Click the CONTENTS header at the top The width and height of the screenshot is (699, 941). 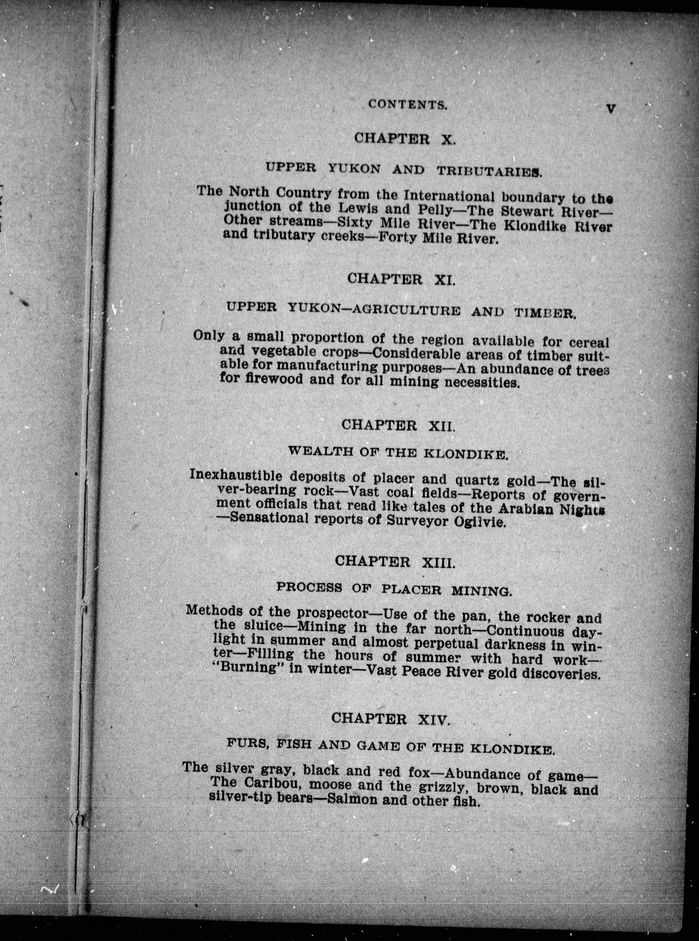407,105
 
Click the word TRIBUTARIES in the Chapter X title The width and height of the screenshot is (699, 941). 488,171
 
